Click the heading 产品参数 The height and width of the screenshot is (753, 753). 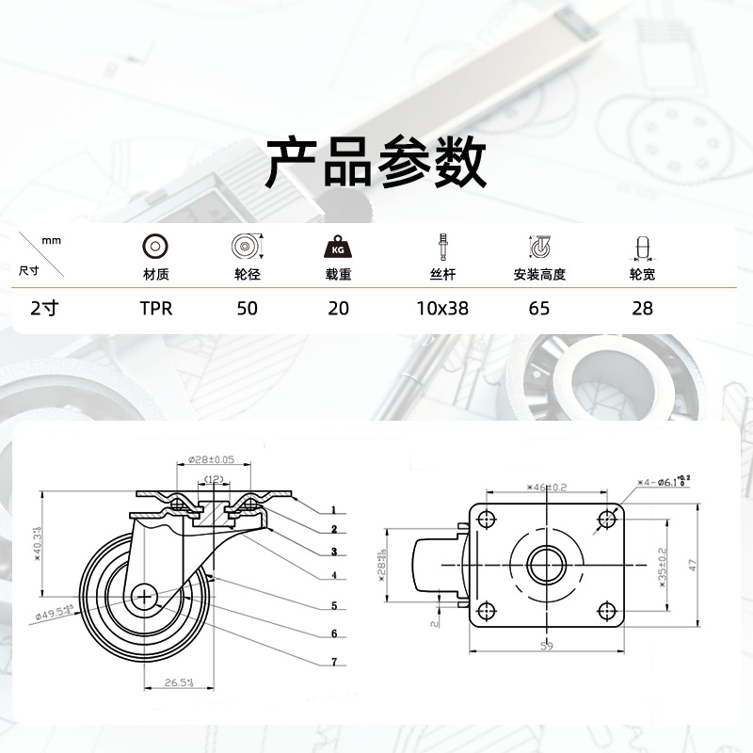pyautogui.click(x=376, y=162)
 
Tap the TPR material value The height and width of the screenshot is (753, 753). pyautogui.click(x=156, y=309)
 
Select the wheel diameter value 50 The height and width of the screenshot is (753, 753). pyautogui.click(x=248, y=309)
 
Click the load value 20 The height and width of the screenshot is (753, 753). pyautogui.click(x=339, y=309)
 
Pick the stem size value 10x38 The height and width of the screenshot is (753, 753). pyautogui.click(x=442, y=309)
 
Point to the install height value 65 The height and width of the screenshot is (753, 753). pyautogui.click(x=539, y=309)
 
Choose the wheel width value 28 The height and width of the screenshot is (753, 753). pyautogui.click(x=642, y=309)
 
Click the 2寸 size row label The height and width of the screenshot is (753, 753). pyautogui.click(x=44, y=309)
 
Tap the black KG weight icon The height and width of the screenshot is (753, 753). pyautogui.click(x=338, y=248)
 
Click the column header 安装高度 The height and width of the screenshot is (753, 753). pyautogui.click(x=539, y=276)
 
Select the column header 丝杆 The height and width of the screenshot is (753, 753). pyautogui.click(x=442, y=276)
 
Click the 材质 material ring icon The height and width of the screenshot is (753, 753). pyautogui.click(x=155, y=247)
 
